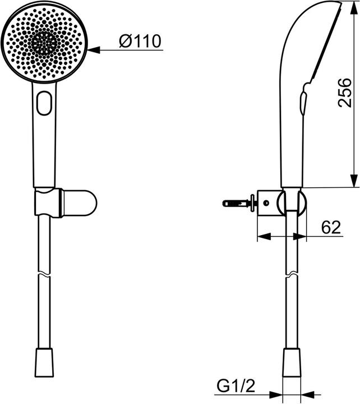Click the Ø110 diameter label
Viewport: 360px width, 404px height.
140,42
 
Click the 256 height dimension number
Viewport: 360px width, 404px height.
345,93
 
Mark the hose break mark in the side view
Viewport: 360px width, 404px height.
291,274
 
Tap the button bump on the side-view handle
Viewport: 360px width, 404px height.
303,102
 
